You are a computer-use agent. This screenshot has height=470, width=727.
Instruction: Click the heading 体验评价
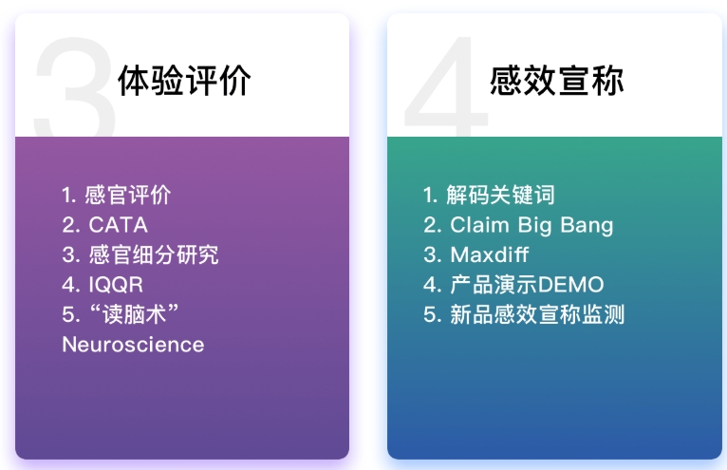pos(184,81)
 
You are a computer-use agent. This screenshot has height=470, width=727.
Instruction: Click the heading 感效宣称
pos(556,81)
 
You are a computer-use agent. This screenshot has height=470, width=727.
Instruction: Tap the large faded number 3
pos(74,87)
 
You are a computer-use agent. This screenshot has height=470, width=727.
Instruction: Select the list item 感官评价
pos(128,195)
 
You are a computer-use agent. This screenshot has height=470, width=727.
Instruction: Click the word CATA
pos(119,225)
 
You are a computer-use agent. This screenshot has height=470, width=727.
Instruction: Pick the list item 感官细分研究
pos(154,254)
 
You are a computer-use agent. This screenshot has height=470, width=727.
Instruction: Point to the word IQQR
pos(116,285)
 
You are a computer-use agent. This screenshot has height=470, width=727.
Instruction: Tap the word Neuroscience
pos(133,345)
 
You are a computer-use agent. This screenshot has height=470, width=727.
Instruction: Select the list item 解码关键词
pos(500,195)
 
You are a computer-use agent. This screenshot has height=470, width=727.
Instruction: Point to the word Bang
pos(587,226)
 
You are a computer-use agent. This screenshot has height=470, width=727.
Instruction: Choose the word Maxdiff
pos(490,254)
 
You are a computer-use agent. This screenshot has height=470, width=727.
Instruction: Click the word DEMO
pos(570,285)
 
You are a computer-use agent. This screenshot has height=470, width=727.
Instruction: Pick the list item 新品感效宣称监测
pos(537,314)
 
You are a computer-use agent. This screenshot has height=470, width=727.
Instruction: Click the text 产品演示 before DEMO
pos(494,285)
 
